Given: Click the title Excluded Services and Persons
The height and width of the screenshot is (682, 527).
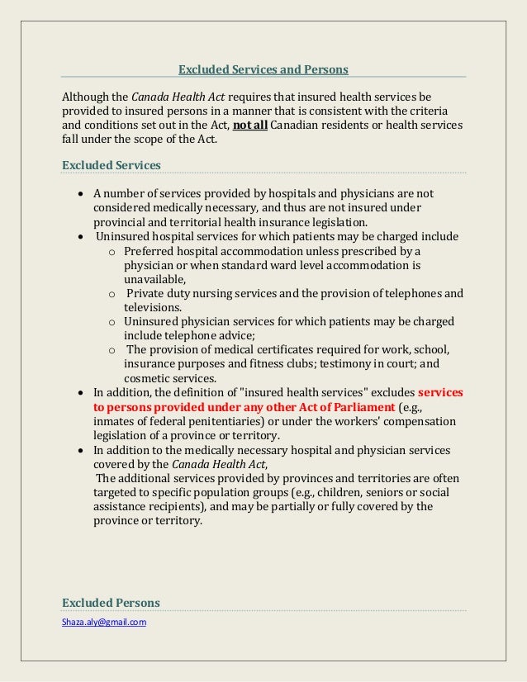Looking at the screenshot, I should [263, 69].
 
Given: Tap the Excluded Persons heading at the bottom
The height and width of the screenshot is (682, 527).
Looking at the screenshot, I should [112, 602].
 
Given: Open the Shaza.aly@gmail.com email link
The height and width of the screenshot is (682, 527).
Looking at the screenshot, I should [105, 622].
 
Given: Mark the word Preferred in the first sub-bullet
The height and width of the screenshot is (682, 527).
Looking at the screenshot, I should [150, 250].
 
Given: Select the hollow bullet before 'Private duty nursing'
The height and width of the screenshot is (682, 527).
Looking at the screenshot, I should [112, 293].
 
